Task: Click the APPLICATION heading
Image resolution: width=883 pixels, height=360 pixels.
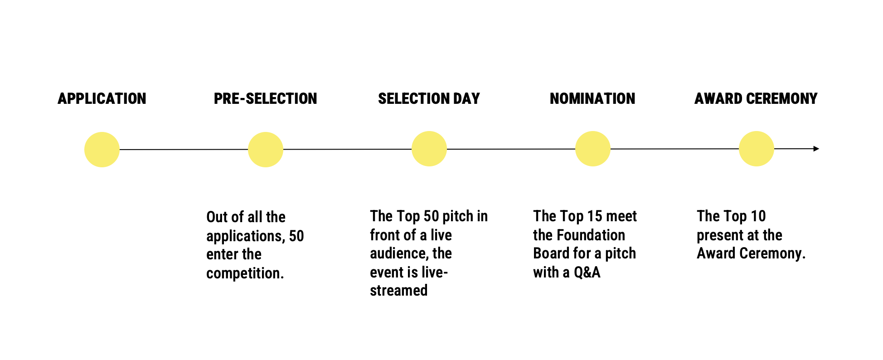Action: pos(102,98)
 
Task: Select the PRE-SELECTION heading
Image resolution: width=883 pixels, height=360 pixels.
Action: pos(266,98)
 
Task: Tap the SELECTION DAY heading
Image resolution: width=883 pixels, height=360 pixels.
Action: pos(429,98)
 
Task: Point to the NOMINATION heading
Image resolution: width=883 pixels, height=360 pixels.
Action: pos(592,98)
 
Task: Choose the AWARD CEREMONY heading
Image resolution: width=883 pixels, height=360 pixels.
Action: pos(756,98)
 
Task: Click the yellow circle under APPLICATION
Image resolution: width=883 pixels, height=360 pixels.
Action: pos(102,150)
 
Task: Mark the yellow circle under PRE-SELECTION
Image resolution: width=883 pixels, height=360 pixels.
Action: pos(266,150)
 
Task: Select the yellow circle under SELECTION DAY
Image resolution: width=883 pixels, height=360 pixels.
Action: pos(429,149)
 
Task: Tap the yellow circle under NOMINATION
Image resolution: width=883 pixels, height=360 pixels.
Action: pos(593,149)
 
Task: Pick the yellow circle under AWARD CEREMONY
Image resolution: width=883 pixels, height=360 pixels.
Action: pos(757,149)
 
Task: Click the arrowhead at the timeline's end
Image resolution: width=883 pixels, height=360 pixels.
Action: pos(816,149)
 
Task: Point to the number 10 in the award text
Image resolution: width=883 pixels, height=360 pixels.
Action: pos(758,216)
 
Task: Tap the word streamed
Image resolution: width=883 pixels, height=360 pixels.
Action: pos(399,290)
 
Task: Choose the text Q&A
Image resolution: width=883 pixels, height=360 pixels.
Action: pos(587,272)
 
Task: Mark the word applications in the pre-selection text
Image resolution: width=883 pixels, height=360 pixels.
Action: pos(244,236)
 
